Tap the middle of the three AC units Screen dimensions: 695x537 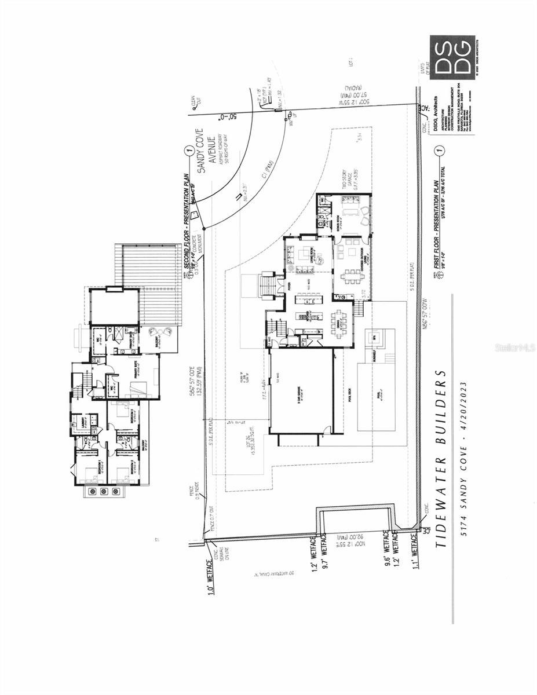104,491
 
